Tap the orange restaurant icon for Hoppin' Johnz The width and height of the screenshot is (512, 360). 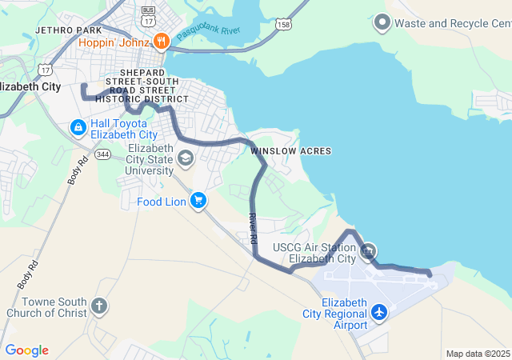(x=161, y=41)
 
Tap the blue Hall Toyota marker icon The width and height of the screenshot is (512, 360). (x=78, y=127)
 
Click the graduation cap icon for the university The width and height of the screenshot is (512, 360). (x=186, y=158)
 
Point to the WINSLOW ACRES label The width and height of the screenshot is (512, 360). (x=290, y=150)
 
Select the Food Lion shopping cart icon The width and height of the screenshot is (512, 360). (x=198, y=201)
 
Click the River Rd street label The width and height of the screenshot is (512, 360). (x=253, y=228)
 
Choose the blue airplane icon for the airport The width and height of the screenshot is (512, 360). (x=379, y=312)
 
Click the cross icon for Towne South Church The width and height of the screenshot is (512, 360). (x=99, y=306)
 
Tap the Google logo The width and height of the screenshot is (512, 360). (x=26, y=350)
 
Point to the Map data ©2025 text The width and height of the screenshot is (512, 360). (x=477, y=354)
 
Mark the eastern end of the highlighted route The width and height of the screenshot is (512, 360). (x=430, y=274)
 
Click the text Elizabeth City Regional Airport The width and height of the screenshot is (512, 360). (x=345, y=314)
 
